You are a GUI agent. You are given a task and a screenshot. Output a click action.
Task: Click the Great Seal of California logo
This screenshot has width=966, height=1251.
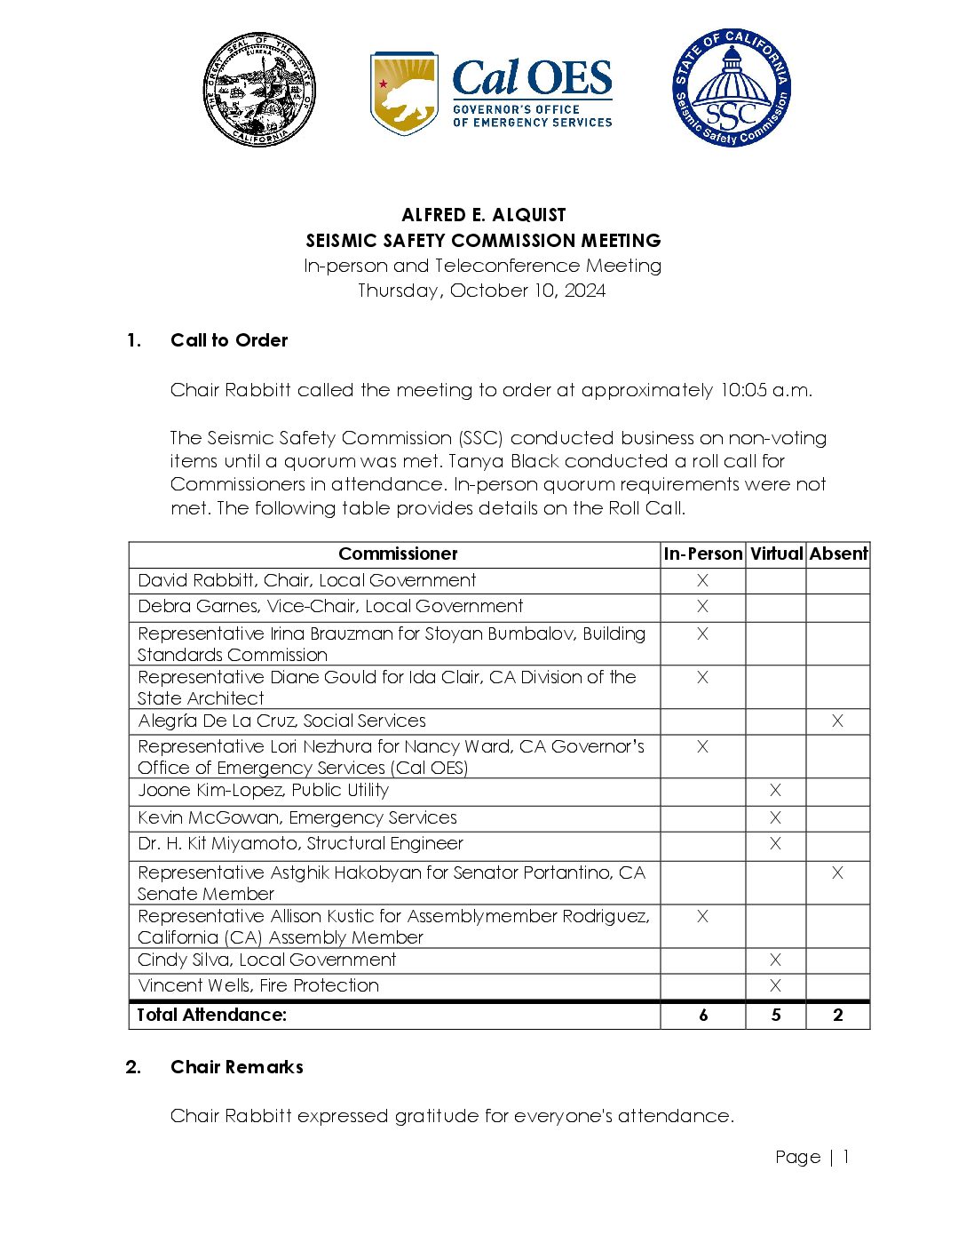[x=258, y=90]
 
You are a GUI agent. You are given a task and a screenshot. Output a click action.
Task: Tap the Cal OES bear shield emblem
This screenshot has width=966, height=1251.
[x=404, y=92]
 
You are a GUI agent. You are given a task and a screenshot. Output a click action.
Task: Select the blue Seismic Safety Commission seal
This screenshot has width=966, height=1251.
[x=731, y=87]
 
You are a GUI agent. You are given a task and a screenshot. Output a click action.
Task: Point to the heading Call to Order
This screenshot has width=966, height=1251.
[x=229, y=340]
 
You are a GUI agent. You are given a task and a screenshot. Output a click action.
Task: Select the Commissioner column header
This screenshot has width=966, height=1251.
[x=398, y=554]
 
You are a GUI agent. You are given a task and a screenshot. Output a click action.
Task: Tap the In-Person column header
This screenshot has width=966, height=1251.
[x=702, y=554]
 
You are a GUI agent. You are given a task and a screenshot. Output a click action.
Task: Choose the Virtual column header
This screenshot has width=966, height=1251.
[x=776, y=554]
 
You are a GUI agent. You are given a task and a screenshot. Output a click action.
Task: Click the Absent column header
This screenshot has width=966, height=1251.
[x=838, y=554]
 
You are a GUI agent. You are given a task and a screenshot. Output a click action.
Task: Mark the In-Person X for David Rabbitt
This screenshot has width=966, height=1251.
[x=702, y=580]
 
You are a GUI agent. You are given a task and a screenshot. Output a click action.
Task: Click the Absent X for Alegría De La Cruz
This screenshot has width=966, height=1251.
[x=837, y=721]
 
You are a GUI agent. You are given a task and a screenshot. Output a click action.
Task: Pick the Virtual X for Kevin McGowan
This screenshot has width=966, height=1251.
[x=775, y=817]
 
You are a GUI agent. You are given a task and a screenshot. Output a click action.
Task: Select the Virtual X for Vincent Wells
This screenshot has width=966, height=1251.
[x=775, y=985]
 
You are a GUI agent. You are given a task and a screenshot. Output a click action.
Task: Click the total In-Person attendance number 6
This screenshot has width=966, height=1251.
[x=703, y=1015]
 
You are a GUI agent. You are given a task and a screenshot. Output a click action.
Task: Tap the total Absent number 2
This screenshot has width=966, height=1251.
[x=838, y=1015]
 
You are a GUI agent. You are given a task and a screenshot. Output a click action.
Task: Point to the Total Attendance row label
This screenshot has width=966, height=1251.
[x=211, y=1015]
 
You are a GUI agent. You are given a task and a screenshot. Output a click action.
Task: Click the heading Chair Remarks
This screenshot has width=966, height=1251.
[x=237, y=1067]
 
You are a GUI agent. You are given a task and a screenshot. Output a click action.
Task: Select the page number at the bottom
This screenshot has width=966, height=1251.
[x=812, y=1157]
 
